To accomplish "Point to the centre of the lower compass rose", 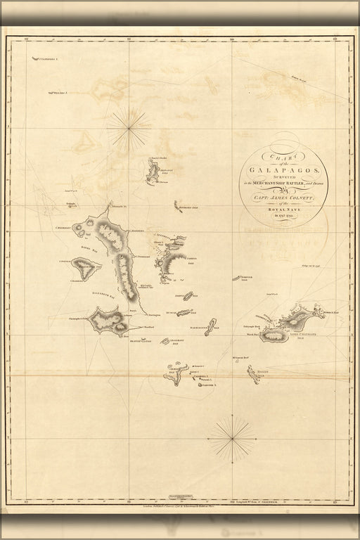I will tap(231, 439).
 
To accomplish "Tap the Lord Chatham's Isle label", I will tap(307, 334).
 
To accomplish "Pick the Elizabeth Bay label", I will tap(103, 289).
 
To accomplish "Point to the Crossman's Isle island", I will tap(166, 342).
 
